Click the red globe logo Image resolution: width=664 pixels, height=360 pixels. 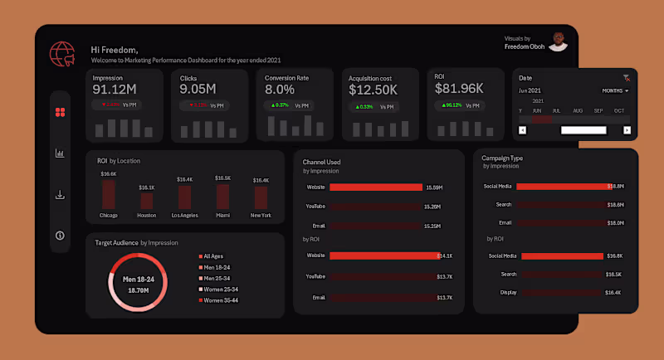(62, 54)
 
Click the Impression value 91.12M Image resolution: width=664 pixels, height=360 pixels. (115, 90)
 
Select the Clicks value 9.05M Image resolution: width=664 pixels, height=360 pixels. (198, 90)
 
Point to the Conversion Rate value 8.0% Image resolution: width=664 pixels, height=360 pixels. (280, 90)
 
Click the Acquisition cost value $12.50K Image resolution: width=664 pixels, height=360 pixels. (373, 90)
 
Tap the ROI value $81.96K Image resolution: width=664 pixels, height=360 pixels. (459, 89)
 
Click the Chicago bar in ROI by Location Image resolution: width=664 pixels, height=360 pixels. (109, 195)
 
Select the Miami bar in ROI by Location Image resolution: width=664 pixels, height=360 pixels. (222, 196)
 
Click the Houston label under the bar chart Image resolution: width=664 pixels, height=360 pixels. (146, 216)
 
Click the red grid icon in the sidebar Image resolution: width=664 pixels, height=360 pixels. (60, 112)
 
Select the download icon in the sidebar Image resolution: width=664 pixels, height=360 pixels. (60, 195)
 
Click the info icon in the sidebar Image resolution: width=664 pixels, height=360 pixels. (60, 236)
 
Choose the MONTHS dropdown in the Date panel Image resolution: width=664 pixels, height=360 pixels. (615, 90)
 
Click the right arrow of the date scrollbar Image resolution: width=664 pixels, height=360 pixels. (627, 130)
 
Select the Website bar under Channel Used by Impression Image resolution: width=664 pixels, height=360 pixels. (376, 187)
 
